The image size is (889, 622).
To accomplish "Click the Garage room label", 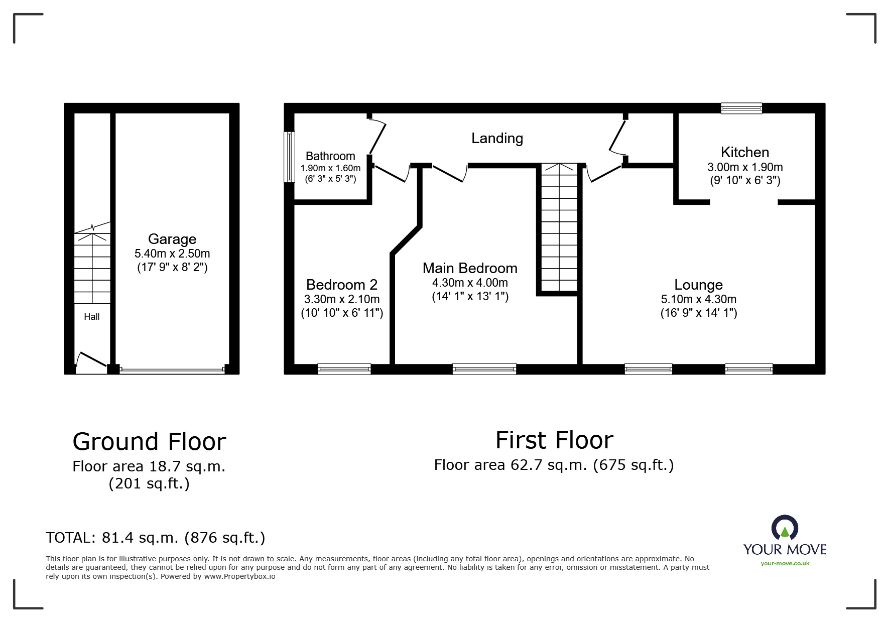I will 172,239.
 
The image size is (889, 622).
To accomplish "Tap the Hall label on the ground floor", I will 92,317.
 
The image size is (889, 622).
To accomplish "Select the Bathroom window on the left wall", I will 289,157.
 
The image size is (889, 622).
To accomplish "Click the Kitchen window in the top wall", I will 741,108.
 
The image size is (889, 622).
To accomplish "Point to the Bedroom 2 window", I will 344,369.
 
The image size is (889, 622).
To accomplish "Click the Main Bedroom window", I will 484,369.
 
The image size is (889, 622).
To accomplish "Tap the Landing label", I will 497,138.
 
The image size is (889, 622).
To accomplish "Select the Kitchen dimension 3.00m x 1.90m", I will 745,167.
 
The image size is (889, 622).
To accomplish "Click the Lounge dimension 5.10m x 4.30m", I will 698,299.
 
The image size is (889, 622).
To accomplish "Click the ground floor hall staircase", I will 92,269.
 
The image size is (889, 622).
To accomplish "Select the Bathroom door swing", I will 377,136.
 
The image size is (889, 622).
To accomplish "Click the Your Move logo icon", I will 785,529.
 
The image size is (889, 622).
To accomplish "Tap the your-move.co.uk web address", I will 785,563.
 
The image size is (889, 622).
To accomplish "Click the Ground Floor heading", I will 149,442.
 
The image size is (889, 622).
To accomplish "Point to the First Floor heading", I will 554,440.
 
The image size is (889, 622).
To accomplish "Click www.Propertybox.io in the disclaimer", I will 239,576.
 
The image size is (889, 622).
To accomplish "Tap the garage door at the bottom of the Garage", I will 172,370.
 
